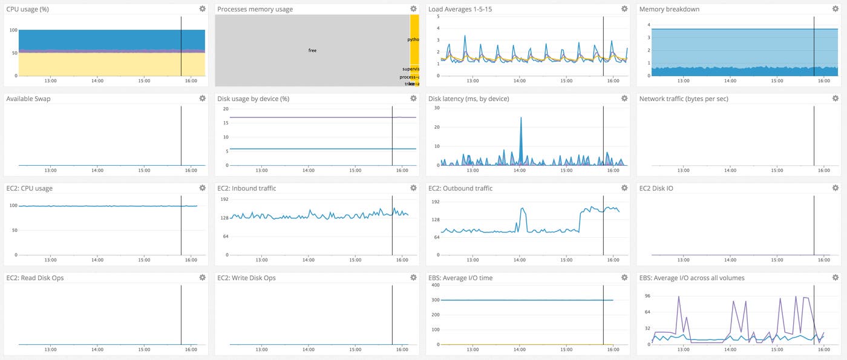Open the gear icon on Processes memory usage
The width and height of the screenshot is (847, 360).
tap(413, 8)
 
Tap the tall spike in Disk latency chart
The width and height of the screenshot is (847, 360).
tap(520, 119)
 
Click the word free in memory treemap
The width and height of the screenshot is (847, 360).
tap(312, 50)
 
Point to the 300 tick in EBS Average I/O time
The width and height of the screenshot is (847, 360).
tap(434, 299)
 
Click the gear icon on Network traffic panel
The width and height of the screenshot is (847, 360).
tap(836, 98)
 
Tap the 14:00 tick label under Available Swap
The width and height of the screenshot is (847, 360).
tap(97, 171)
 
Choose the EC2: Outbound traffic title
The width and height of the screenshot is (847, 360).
tap(460, 188)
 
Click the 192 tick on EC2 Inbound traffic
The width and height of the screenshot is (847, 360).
tap(223, 198)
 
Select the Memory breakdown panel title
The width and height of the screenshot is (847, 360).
tap(669, 9)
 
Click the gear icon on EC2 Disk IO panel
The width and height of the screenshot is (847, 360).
tap(836, 188)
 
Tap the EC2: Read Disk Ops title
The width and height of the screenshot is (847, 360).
tap(34, 278)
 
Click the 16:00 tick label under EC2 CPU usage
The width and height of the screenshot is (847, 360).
tap(191, 260)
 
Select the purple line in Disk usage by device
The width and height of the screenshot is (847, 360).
tap(302, 117)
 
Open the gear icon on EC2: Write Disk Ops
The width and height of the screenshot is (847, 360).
tap(413, 277)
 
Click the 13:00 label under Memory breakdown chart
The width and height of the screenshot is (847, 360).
tap(684, 81)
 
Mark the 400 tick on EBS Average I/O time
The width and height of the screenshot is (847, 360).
tap(434, 286)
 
